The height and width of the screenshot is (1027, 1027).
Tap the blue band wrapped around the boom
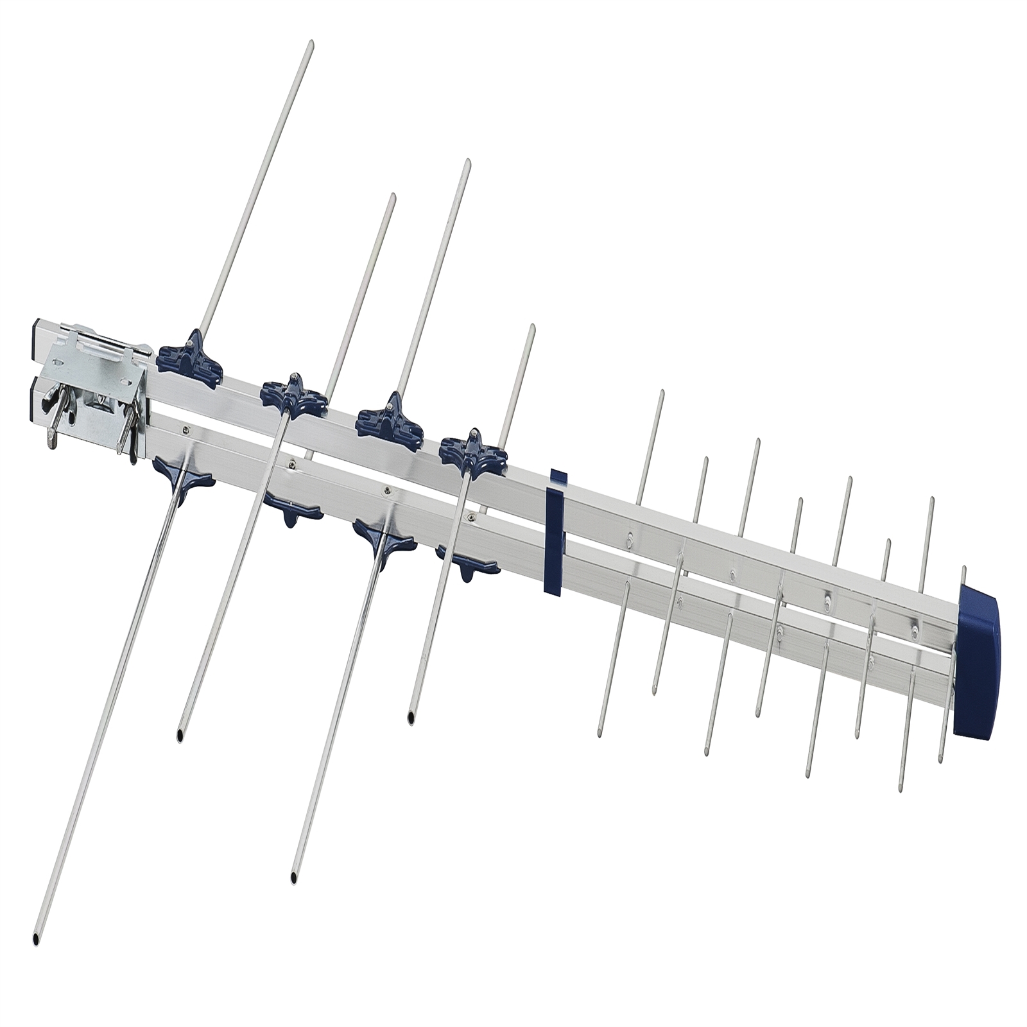point(554,533)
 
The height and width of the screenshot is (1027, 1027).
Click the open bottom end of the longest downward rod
point(36,938)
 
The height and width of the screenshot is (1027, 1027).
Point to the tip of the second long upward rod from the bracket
point(393,196)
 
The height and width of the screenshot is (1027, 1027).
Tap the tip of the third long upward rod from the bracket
point(468,162)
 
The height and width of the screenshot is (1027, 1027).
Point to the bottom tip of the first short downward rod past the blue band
point(600,734)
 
